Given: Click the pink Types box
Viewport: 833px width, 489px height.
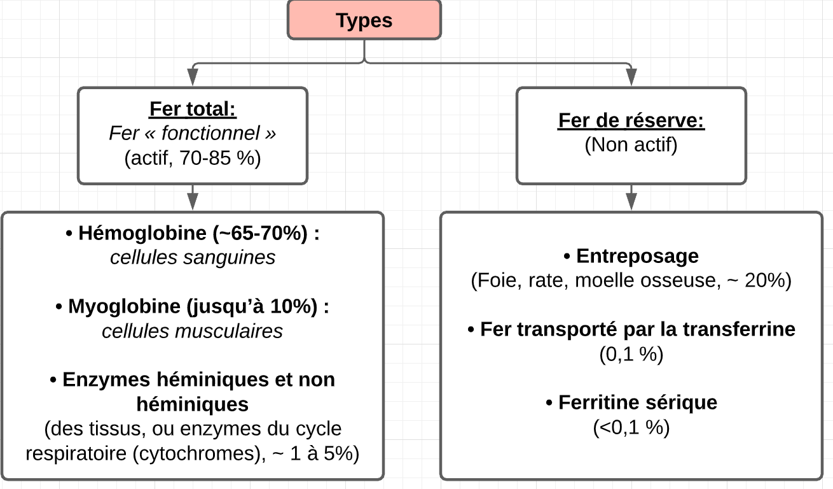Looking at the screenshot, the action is tap(364, 20).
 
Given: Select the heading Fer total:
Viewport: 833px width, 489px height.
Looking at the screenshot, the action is tap(193, 110).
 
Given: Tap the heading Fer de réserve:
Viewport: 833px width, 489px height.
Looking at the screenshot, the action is tap(631, 120).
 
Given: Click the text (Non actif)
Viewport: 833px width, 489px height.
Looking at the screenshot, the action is tap(631, 145).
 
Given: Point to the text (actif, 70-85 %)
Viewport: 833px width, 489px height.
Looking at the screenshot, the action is tap(193, 157).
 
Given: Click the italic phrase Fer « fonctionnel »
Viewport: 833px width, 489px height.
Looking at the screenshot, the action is tap(193, 134).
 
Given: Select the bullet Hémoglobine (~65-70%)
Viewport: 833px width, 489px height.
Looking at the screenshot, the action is tap(193, 234).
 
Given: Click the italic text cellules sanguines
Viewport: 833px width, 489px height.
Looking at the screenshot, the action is tap(193, 257).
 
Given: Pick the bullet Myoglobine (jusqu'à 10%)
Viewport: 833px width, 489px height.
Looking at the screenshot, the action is tap(193, 306).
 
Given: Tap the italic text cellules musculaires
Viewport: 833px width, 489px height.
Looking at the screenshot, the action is tap(193, 331).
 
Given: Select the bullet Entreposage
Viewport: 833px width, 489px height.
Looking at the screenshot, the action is tap(631, 256).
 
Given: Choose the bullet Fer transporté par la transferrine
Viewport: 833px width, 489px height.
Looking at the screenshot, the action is tap(631, 329).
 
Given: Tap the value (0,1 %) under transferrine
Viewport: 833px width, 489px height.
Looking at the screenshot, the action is tap(631, 354).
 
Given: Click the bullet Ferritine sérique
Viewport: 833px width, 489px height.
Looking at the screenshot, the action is tap(631, 402).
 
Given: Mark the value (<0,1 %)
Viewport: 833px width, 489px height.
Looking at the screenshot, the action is tap(631, 427).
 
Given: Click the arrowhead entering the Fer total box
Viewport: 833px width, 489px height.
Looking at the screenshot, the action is tap(193, 78).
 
